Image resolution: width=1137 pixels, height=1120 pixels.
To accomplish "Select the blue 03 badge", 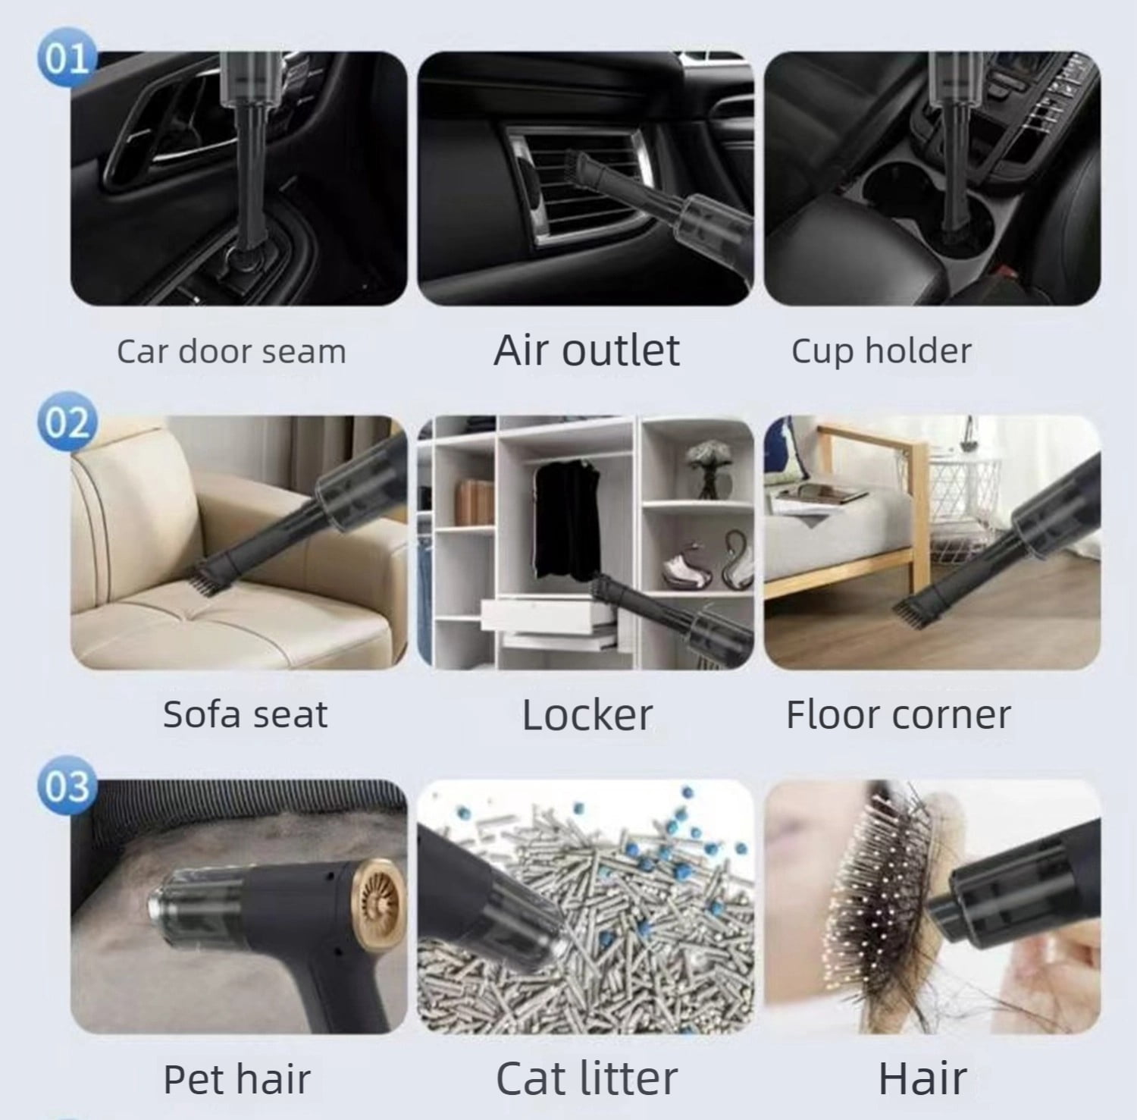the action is click(x=67, y=786).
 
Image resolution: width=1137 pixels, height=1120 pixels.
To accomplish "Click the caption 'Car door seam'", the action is click(x=231, y=351).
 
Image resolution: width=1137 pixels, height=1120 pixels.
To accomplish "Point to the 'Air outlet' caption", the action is click(x=587, y=350).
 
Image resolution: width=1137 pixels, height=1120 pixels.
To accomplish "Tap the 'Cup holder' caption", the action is click(x=882, y=351).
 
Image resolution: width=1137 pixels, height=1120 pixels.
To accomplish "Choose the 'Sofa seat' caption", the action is click(x=245, y=714).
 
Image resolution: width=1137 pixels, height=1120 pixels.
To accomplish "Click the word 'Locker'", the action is click(x=587, y=714).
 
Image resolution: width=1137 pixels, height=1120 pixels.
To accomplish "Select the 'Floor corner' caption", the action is click(x=898, y=714).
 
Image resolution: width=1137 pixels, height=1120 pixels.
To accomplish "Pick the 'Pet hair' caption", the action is click(x=237, y=1078).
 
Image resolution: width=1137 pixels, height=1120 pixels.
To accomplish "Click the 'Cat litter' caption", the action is click(x=586, y=1078).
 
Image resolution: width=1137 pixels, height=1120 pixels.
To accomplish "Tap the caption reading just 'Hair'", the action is click(x=922, y=1078).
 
